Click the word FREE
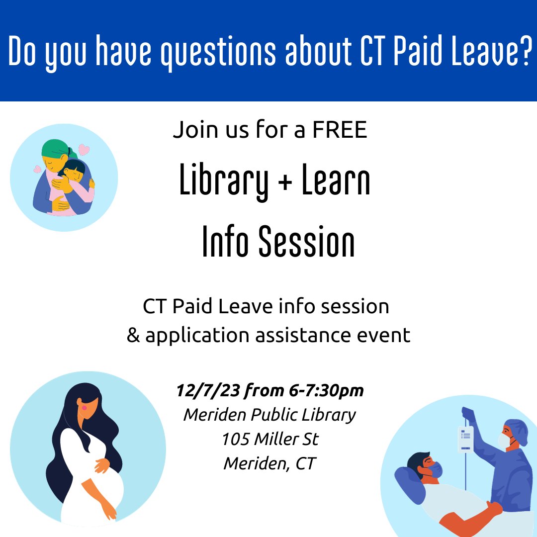point(340,130)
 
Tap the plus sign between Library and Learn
point(285,183)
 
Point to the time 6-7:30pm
point(326,391)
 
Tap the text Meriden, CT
point(269,463)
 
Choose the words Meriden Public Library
point(269,415)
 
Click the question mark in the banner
point(522,51)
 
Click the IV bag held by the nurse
point(465,438)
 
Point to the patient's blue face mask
point(435,469)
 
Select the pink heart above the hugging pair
point(84,149)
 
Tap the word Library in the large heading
point(224,183)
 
